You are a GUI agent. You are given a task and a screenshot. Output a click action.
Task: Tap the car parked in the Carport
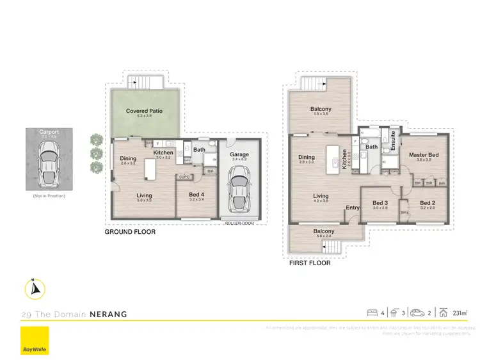coord(49,160)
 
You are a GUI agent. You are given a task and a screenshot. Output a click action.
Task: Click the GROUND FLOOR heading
coord(130,232)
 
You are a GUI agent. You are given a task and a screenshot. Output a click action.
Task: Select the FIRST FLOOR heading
coord(310,263)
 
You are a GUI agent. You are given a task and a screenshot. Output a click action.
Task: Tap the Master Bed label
coord(423,155)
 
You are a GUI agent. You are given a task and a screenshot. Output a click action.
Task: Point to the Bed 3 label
coord(380,204)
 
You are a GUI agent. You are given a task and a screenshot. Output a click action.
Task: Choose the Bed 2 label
coord(428,204)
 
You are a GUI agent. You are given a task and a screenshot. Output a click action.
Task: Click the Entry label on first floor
coord(353,208)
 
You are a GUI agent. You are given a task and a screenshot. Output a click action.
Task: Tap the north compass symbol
coord(35,289)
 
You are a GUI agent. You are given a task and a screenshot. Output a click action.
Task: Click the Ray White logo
coord(35,340)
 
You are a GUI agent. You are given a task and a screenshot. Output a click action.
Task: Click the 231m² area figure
coord(460,313)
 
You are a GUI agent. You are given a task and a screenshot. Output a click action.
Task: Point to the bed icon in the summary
coord(372,313)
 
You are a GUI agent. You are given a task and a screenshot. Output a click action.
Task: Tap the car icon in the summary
coord(418,313)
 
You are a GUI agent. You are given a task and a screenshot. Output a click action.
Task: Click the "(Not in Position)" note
coord(49,196)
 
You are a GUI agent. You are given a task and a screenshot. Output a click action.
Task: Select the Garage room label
coord(239,154)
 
